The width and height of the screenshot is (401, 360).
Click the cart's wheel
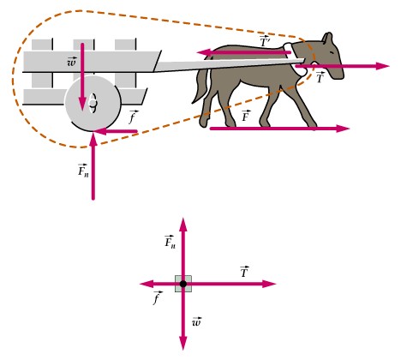pyautogui.click(x=93, y=103)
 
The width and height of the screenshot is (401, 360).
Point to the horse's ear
pyautogui.click(x=328, y=38)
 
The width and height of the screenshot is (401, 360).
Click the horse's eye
pyautogui.click(x=332, y=52)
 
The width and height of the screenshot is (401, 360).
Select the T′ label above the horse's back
pyautogui.click(x=265, y=42)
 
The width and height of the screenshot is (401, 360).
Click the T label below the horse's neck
pyautogui.click(x=320, y=77)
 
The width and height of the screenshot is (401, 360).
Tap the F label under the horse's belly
pyautogui.click(x=246, y=116)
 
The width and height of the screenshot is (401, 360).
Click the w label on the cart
pyautogui.click(x=72, y=62)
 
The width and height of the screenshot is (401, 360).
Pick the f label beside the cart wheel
pyautogui.click(x=133, y=117)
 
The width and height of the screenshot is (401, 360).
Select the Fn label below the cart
pyautogui.click(x=83, y=171)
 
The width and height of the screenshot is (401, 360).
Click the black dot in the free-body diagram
pyautogui.click(x=183, y=284)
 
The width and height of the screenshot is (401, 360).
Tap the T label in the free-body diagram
pyautogui.click(x=244, y=272)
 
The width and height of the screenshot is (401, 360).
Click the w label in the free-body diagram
pyautogui.click(x=197, y=321)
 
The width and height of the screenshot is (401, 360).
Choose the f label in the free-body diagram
pyautogui.click(x=158, y=297)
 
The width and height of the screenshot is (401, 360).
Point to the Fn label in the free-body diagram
pyautogui.click(x=171, y=242)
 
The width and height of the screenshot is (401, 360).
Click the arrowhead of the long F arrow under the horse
pyautogui.click(x=343, y=129)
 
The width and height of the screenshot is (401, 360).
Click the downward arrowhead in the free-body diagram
pyautogui.click(x=183, y=343)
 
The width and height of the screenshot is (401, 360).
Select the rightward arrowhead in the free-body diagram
pyautogui.click(x=269, y=284)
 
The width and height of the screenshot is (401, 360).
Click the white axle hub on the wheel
pyautogui.click(x=92, y=102)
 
